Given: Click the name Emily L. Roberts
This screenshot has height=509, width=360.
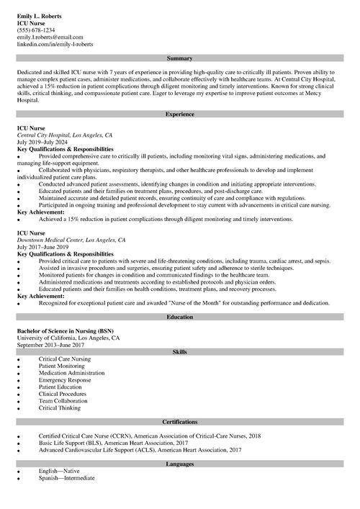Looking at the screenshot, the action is pos(39,16).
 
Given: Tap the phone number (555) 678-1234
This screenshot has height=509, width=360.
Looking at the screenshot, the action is pos(36,30).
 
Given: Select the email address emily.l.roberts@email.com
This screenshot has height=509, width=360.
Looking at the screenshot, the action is pos(50,37).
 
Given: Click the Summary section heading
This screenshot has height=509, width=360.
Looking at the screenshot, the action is pos(179,58).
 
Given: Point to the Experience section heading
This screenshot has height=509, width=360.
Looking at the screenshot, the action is pos(179,114).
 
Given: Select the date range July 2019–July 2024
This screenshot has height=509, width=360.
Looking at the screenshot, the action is pos(44,142).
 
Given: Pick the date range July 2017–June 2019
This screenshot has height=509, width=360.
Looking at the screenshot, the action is pos(44,247).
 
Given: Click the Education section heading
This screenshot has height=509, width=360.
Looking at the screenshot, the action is pos(179,317).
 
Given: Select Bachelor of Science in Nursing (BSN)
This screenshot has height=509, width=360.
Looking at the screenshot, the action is pos(66,330).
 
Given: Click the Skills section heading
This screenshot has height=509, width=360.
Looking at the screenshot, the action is pos(179,351).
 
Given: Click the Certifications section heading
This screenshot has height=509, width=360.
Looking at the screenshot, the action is pos(179,421).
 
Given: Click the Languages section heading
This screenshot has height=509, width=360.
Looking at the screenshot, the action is pos(179,464).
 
